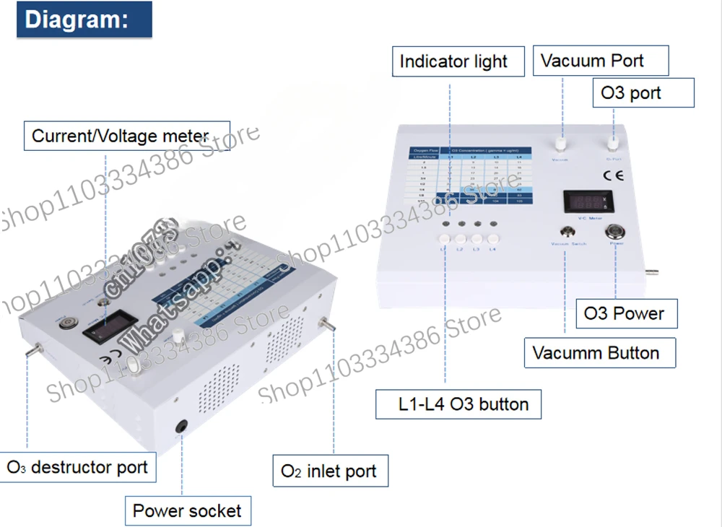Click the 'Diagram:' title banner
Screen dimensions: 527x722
pos(84,19)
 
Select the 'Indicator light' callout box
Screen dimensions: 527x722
pos(453,62)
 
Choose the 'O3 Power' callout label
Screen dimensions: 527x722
pos(624,314)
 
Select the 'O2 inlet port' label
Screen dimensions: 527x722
pos(329,471)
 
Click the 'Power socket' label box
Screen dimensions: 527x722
pos(187,511)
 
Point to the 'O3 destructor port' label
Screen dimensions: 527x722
pos(77,467)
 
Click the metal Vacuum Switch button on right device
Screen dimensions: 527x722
pos(568,232)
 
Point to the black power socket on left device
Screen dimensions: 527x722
pos(182,427)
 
